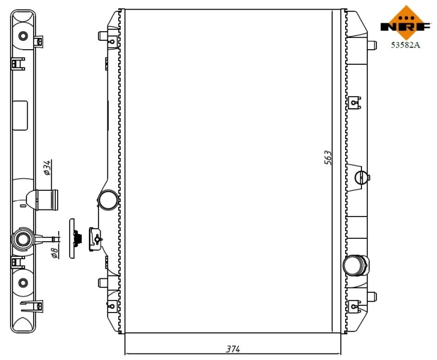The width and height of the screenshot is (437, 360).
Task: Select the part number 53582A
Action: coord(406,44)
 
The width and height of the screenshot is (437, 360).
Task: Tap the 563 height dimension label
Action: coord(328,158)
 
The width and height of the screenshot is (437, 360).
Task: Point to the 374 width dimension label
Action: coord(232,349)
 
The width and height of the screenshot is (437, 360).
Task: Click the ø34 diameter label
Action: coord(48,168)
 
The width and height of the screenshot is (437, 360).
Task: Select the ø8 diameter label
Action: coord(53,253)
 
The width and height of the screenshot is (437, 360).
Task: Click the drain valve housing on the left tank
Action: coord(95,238)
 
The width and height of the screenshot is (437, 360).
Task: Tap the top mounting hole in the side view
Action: coord(23,35)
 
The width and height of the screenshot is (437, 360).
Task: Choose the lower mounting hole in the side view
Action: coord(23,283)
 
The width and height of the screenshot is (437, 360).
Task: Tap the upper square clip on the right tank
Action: coord(355,101)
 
